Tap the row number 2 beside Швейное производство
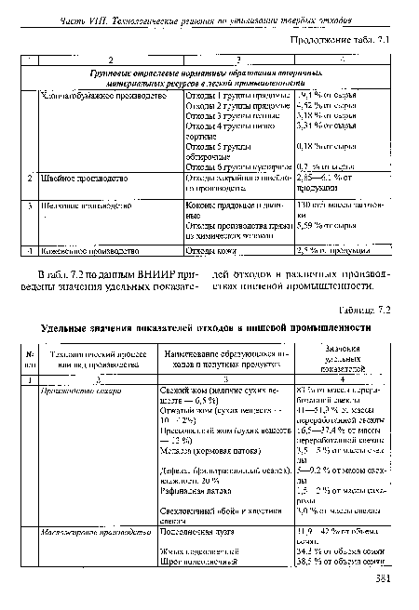[x=31, y=178]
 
